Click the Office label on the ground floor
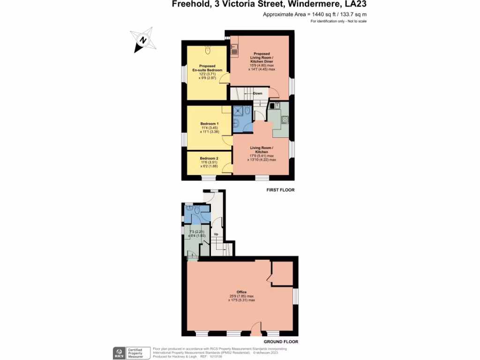click(x=241, y=292)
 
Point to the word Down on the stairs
click(x=258, y=93)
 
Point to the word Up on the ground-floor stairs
click(x=216, y=234)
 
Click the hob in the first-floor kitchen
click(x=284, y=119)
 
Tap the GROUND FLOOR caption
click(x=280, y=342)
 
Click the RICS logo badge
click(x=119, y=352)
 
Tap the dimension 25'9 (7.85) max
click(x=241, y=296)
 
